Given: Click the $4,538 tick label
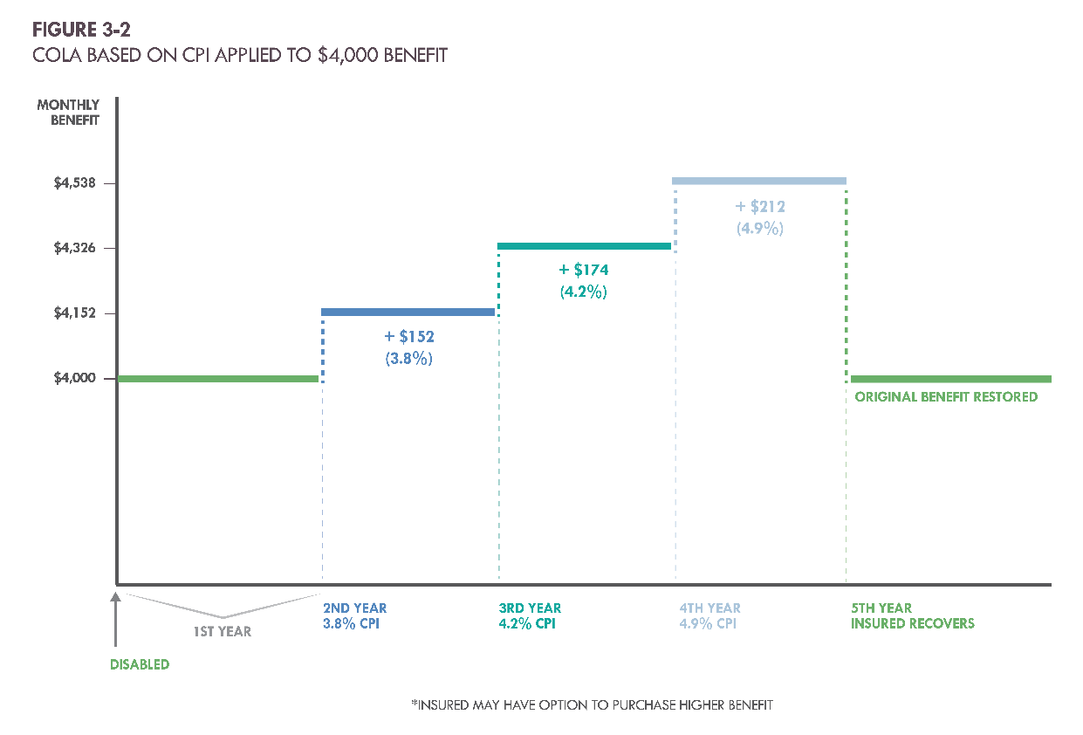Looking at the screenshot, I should [x=76, y=183].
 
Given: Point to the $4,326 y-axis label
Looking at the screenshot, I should [x=76, y=248].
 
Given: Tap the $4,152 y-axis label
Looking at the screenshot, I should [x=76, y=313].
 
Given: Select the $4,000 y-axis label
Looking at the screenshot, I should [x=76, y=378].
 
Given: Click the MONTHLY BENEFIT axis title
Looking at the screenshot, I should [x=68, y=113].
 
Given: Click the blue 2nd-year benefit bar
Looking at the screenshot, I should [x=408, y=312].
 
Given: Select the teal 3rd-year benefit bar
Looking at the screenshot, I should [x=584, y=246].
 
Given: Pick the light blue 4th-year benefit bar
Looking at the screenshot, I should [x=758, y=181].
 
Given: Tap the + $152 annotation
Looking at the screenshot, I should [x=409, y=336].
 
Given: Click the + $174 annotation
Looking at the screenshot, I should [x=584, y=271].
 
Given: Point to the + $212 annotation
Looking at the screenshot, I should [x=760, y=207].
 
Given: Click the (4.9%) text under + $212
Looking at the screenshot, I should [x=760, y=229].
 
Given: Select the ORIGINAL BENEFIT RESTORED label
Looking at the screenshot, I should [x=946, y=397].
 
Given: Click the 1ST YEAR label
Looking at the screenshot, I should [x=223, y=631].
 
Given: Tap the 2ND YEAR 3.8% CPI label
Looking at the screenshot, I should [x=355, y=616].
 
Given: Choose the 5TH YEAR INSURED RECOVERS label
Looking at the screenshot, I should [x=912, y=616].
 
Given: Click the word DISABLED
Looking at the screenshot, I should [x=140, y=664].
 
